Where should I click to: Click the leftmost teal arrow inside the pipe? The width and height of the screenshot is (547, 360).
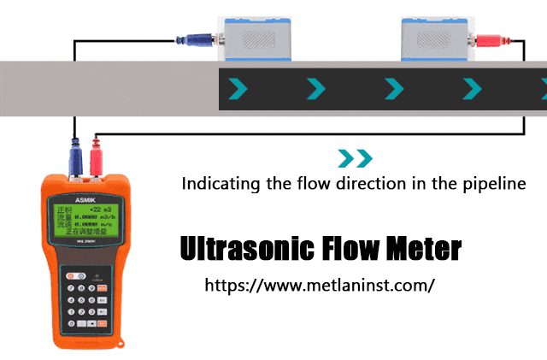click(237, 87)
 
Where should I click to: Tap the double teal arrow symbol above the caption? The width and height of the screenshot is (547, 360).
click(355, 157)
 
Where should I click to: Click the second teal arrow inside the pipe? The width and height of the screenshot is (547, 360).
click(315, 87)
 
